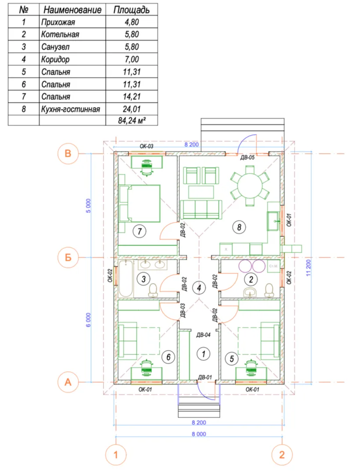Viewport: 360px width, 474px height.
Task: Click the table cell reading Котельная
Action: click(x=60, y=34)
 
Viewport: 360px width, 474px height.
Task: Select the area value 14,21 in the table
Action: click(x=132, y=97)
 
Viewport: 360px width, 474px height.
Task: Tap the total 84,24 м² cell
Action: click(x=132, y=121)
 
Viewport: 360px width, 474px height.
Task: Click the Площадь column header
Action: click(x=132, y=10)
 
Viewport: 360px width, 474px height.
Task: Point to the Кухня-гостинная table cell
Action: click(x=71, y=109)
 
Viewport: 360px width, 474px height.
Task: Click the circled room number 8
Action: click(x=239, y=227)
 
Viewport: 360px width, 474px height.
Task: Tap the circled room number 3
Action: click(x=143, y=279)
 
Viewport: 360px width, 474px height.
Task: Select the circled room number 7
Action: click(x=139, y=232)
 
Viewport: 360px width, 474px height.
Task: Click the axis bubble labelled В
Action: click(x=68, y=153)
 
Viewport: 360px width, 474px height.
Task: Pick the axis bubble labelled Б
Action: click(x=68, y=258)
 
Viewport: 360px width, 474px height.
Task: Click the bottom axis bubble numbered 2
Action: click(x=282, y=455)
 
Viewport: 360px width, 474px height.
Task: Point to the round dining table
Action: click(x=250, y=186)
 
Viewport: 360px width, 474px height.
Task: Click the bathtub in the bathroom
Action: click(x=126, y=279)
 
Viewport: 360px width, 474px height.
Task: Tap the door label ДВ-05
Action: click(x=247, y=158)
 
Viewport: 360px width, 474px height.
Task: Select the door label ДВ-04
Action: click(x=203, y=335)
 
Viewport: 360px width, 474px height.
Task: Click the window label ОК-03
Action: click(x=146, y=146)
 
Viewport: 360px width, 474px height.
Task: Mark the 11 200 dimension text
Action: click(x=308, y=268)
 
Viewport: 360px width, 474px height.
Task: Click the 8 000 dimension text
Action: click(x=199, y=434)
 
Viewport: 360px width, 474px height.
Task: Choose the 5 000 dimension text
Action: click(x=88, y=206)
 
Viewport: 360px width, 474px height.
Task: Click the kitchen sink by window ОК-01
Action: click(x=273, y=221)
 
